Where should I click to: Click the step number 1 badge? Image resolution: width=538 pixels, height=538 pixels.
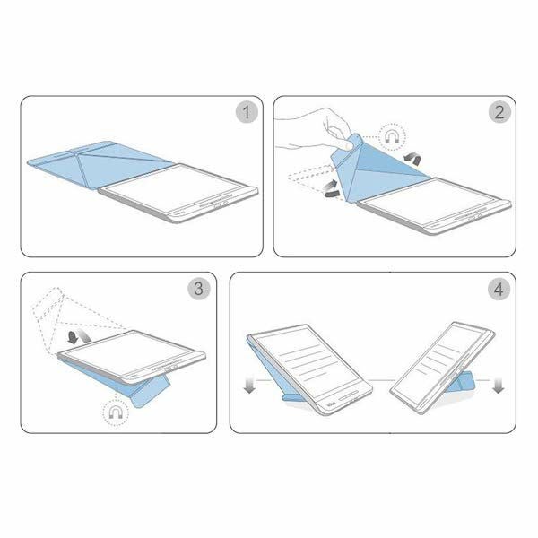point(247,112)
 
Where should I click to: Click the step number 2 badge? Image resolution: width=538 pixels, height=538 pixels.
point(499,112)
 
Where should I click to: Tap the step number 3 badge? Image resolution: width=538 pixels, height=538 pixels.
point(199,289)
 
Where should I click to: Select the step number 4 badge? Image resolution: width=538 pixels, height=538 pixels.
point(499,289)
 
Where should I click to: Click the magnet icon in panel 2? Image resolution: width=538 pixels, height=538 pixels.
point(392,137)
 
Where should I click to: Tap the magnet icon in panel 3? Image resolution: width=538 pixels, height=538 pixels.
point(116,412)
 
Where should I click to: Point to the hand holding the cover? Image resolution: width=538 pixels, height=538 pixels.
point(316,130)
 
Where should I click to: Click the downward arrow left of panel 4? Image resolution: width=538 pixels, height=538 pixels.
point(249,386)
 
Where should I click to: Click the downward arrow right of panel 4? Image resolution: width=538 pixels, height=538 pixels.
point(498,386)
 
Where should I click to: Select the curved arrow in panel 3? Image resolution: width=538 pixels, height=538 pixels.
point(79,336)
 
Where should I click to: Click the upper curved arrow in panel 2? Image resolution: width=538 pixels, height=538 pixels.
point(412,158)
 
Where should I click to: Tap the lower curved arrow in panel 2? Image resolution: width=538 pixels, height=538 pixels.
point(331,190)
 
